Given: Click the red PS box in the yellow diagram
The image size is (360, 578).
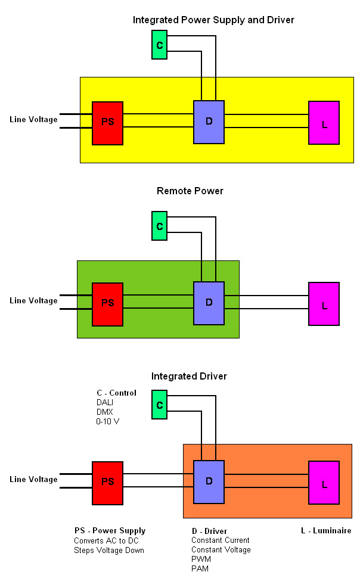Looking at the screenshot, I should point(107,123).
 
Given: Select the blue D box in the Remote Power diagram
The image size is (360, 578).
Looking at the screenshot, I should point(209,303).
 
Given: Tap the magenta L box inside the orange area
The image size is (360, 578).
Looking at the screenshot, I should point(324,483).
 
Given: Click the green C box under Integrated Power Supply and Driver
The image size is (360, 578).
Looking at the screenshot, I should point(159,45).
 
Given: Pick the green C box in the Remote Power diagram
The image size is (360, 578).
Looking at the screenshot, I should point(159,226).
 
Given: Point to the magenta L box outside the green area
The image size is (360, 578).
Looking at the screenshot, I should point(324,304).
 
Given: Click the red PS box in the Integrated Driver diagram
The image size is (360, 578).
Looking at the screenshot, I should point(107,483).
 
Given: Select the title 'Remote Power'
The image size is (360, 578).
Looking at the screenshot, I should point(190,191).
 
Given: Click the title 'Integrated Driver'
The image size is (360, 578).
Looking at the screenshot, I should point(189,377).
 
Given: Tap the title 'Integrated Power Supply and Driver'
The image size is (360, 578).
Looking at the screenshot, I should point(213,20).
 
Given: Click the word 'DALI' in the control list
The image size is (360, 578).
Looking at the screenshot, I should point(105,402).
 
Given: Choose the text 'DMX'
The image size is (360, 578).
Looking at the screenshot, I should point(104,412).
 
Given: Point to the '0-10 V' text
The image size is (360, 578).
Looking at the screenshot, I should point(108,421).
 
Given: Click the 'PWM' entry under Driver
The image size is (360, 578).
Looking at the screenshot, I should point(201,559).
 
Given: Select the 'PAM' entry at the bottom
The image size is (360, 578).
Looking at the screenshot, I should point(200,569).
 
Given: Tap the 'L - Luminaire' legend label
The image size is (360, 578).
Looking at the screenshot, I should point(325,530).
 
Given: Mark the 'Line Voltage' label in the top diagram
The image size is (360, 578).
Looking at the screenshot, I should point(33,120).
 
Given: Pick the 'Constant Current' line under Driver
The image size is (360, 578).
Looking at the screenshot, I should point(220,540).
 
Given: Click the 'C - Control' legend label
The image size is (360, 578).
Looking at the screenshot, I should point(116,393).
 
